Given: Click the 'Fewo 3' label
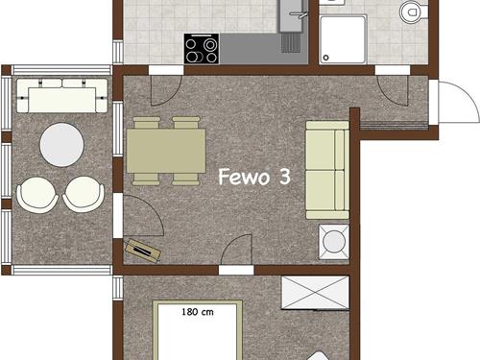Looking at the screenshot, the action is click(254, 177).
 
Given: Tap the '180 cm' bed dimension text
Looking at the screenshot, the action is click(198, 312).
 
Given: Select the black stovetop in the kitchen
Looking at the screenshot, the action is click(202, 49).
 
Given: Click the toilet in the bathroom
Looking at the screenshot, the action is click(413, 12).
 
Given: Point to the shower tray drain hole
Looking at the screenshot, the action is click(325, 58).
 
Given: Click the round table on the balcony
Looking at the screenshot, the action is click(61, 145).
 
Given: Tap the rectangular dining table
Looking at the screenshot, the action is click(166, 151).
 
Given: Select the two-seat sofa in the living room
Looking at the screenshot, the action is click(327, 170).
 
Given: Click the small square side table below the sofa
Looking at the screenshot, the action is click(334, 241).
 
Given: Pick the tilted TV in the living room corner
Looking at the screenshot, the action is click(142, 251).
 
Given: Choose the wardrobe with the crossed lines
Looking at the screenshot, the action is click(315, 293).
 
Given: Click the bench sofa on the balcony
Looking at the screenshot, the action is click(61, 96).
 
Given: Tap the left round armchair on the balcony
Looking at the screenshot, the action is click(37, 195).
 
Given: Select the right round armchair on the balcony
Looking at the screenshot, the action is click(84, 195).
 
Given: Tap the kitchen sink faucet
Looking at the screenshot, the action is click(299, 14).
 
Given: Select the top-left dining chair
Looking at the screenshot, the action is click(147, 123).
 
